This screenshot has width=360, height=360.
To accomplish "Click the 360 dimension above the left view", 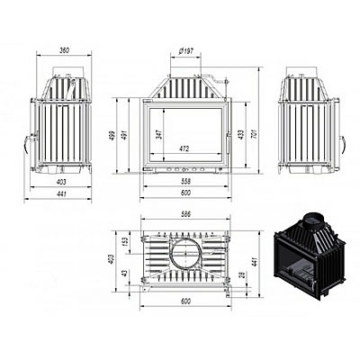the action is pos(64,50).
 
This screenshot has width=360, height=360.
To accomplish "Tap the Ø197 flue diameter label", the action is pos(185,51).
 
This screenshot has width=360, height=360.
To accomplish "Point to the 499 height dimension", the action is pos(112,136).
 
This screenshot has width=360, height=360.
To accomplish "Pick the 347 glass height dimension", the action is pos(159,134).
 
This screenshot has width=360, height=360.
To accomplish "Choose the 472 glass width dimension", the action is pos(186,148).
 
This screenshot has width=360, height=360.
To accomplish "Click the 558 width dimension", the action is pos(186,181).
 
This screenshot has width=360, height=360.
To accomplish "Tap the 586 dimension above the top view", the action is pos(186,214).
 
